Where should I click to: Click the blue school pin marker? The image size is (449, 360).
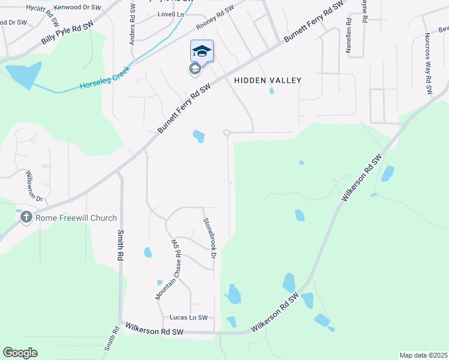202,51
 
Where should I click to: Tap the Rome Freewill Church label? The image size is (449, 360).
76,218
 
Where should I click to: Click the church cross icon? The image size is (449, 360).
26,217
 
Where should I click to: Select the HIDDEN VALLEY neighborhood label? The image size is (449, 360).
267,80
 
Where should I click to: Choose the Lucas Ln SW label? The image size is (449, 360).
188,317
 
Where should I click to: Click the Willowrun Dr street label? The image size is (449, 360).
34,186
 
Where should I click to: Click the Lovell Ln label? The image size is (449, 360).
171,14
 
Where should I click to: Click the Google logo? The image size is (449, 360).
20,353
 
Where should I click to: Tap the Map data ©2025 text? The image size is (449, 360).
423,355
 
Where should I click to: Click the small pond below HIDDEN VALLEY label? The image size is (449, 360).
272,91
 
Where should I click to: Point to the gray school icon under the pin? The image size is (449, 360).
194,70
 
